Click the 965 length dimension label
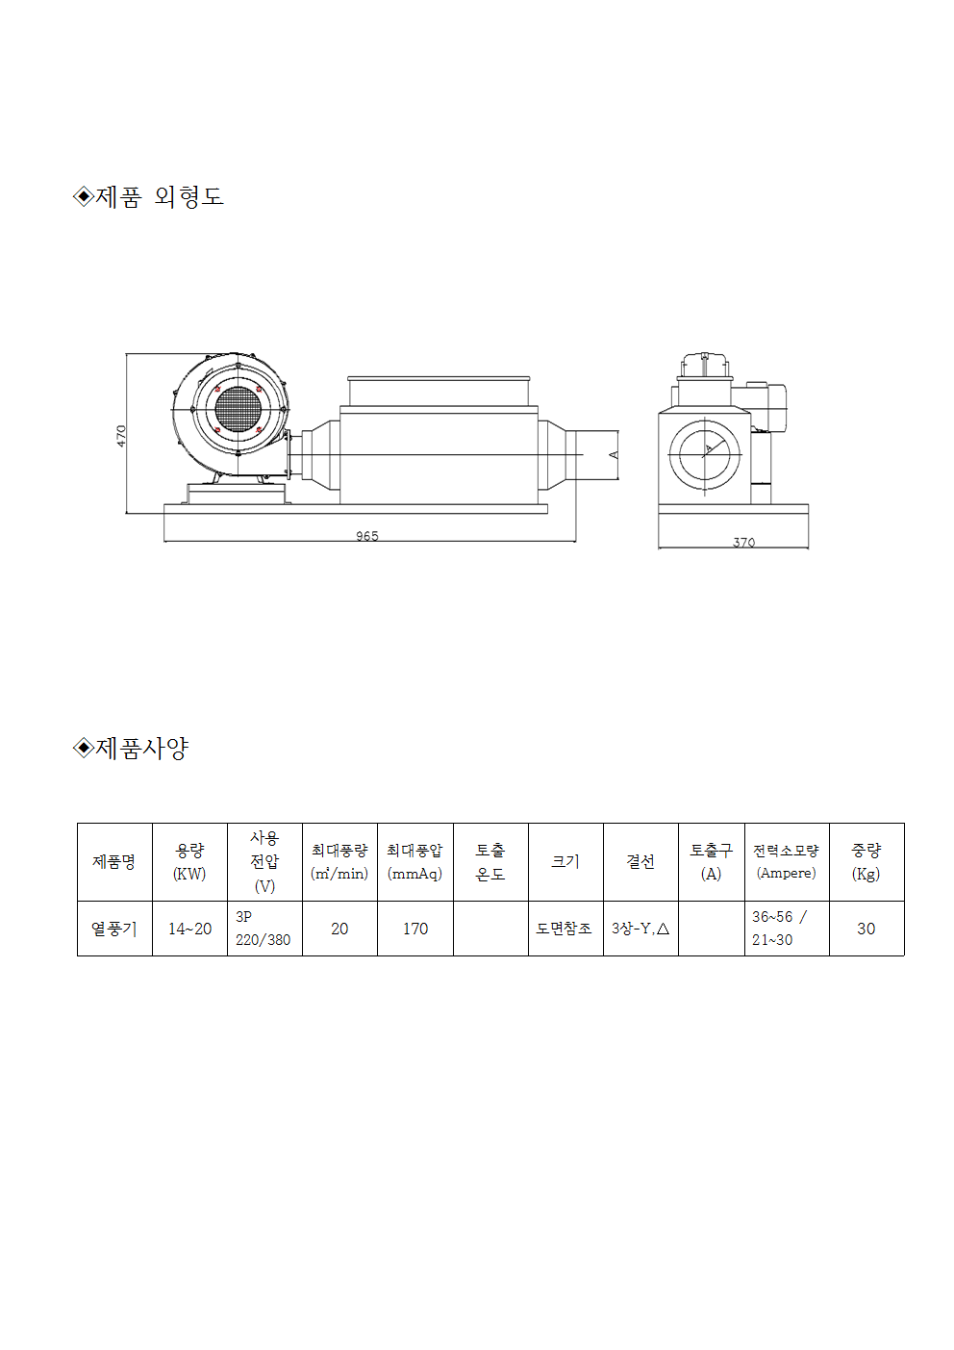point(366,536)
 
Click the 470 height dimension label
point(121,436)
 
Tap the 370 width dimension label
point(743,543)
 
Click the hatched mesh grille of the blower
point(238,409)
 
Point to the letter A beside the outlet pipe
point(614,455)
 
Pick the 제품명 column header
point(113,861)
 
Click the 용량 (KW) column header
point(189,862)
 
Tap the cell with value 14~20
point(189,929)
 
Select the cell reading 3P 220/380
point(264,929)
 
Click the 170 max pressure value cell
point(414,929)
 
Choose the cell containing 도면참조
point(565,929)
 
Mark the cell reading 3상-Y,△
point(640,929)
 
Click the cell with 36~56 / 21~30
point(787,929)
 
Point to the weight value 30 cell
point(866,929)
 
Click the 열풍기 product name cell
point(113,929)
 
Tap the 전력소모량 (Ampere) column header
point(787,862)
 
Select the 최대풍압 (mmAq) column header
point(414,862)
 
